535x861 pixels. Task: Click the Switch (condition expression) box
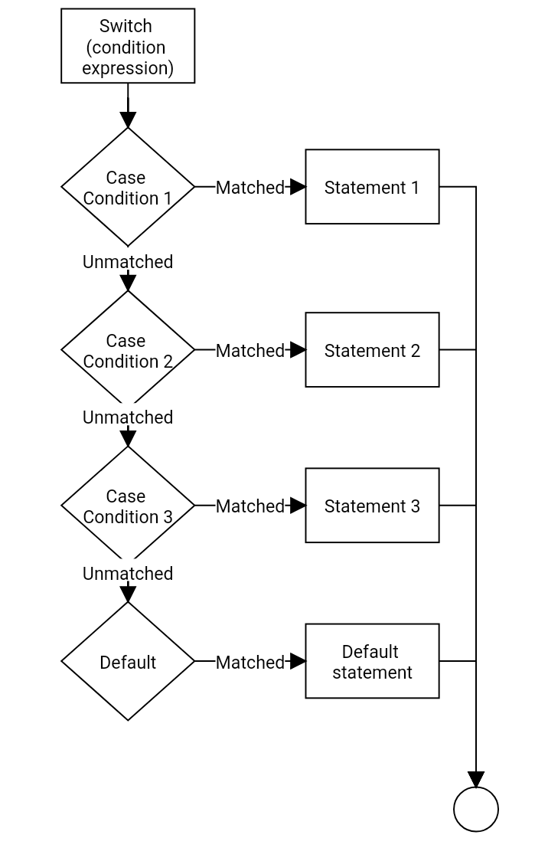coord(128,46)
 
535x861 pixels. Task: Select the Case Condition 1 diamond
coord(128,187)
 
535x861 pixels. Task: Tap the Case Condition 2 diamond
coord(128,350)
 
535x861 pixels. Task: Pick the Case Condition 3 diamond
coord(128,506)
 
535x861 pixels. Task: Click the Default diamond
coord(128,662)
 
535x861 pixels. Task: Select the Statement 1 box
coord(372,187)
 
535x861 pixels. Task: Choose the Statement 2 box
coord(372,350)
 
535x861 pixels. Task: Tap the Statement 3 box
coord(372,506)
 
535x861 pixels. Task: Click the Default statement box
coord(372,661)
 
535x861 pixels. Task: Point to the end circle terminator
coord(476,809)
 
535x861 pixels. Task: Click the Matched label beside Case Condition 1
coord(250,188)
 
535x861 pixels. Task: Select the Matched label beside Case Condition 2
coord(250,351)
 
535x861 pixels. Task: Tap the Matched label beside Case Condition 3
coord(250,506)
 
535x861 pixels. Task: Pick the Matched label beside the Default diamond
coord(250,663)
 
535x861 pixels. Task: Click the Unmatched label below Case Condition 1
coord(128,262)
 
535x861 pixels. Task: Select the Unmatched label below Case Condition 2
coord(128,417)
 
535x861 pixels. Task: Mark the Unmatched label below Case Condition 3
coord(128,574)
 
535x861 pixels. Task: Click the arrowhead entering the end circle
coord(476,780)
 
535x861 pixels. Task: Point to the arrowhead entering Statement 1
coord(298,187)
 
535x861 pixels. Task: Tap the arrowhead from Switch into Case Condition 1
coord(128,119)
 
